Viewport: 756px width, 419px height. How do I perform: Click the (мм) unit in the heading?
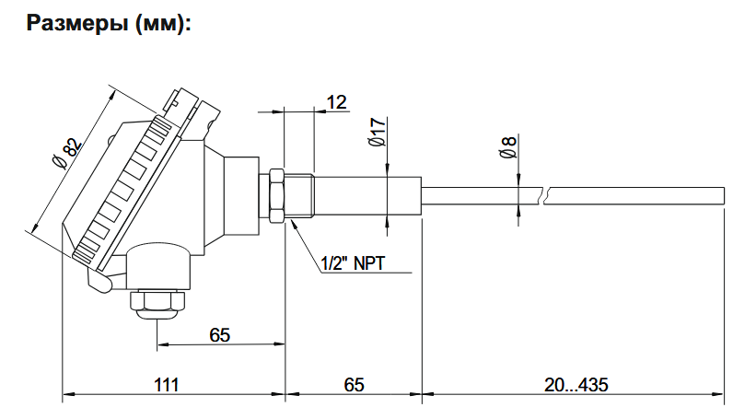(x=161, y=25)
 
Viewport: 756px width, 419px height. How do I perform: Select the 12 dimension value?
(x=336, y=102)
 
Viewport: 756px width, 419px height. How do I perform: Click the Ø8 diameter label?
(x=506, y=148)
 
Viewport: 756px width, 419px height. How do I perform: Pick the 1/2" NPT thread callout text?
(x=353, y=264)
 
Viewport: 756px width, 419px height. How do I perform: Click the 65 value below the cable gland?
(x=219, y=334)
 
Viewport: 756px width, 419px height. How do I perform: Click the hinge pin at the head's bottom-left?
(x=99, y=283)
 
